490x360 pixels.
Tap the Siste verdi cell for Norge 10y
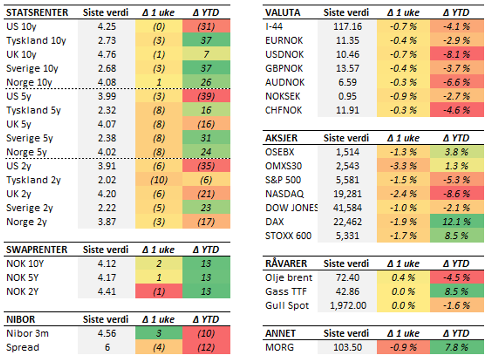pyautogui.click(x=107, y=83)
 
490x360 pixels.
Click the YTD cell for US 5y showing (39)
pyautogui.click(x=206, y=96)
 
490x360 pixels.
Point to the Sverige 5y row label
pyautogui.click(x=26, y=139)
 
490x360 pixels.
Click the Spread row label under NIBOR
pyautogui.click(x=23, y=348)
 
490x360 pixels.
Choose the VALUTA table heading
pyautogui.click(x=282, y=12)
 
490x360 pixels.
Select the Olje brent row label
pyautogui.click(x=289, y=278)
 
